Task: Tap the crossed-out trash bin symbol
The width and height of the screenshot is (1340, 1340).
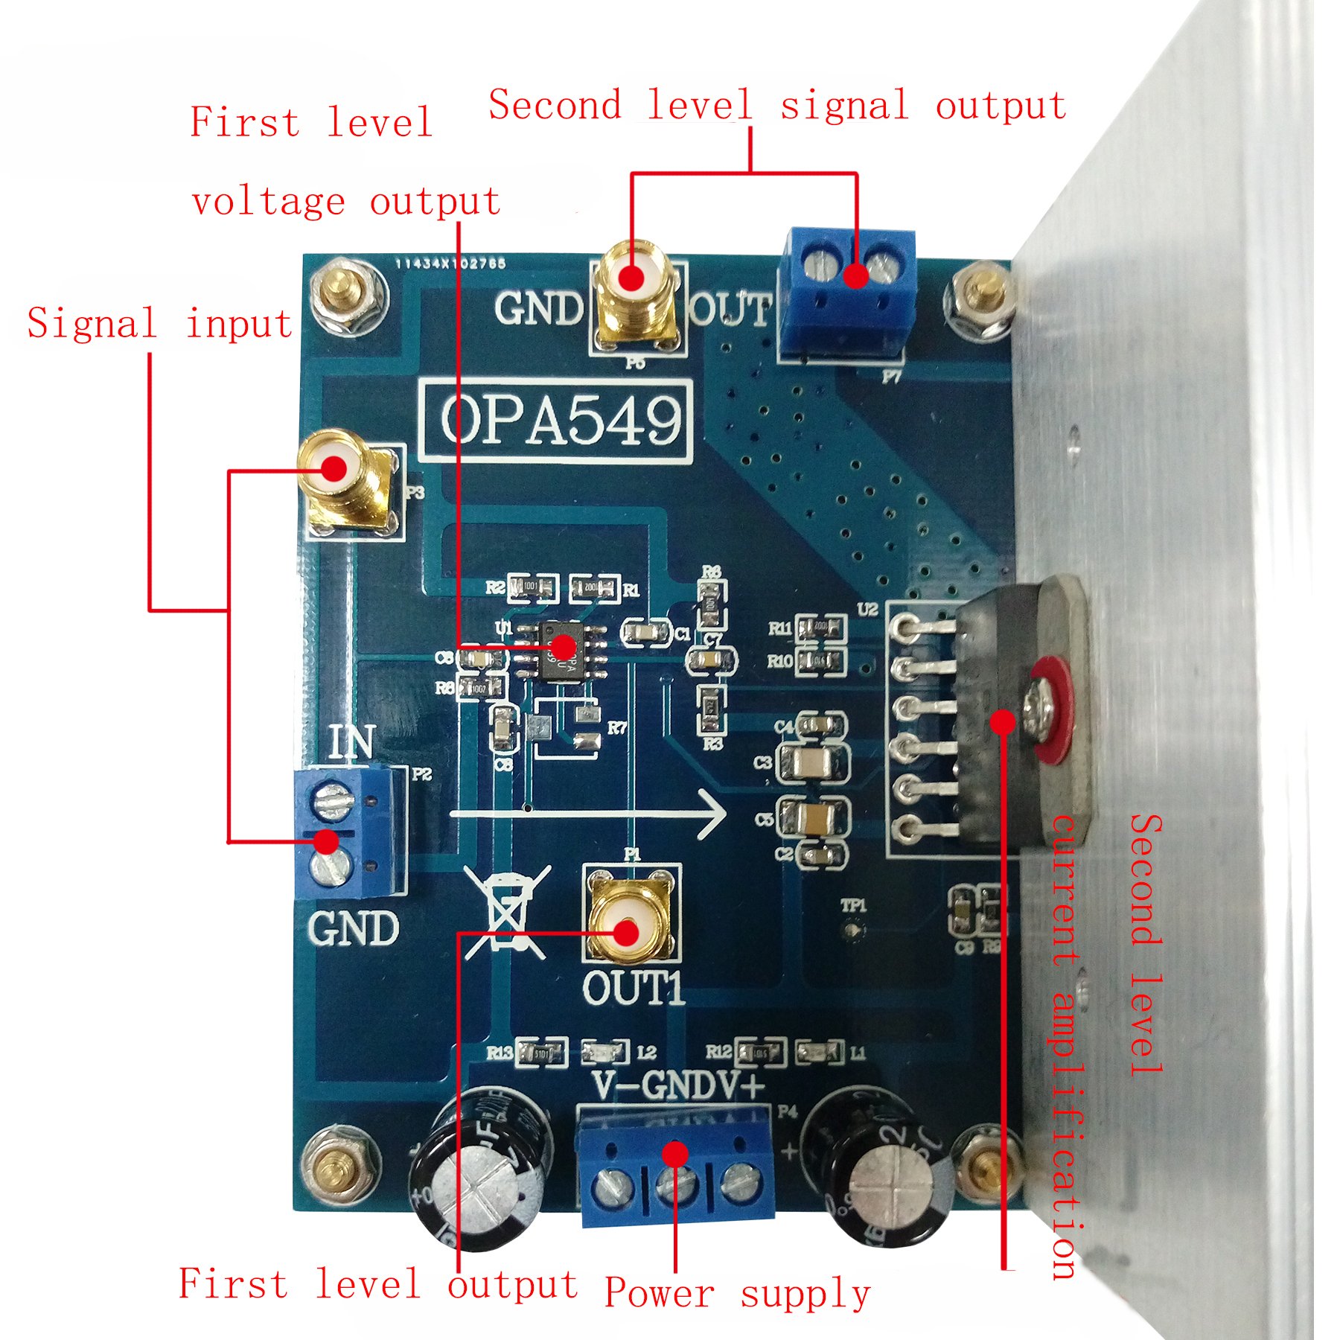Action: (507, 912)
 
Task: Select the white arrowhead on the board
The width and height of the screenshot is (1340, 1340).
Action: (711, 814)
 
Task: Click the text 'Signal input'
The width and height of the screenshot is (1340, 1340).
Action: (159, 324)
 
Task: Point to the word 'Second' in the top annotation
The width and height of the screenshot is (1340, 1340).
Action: (555, 106)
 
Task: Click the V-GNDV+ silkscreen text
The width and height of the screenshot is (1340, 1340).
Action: (678, 1086)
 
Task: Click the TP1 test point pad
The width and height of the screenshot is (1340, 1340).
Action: (853, 930)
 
